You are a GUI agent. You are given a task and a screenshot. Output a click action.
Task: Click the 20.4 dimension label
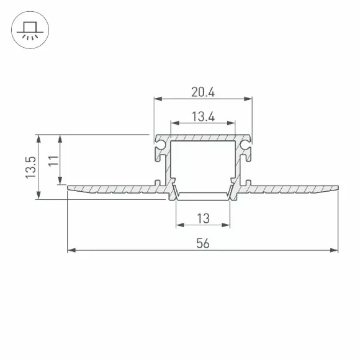coord(203,92)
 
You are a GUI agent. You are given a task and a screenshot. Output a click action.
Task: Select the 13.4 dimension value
coord(203,117)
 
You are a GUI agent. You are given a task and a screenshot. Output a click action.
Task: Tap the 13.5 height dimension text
coord(31,168)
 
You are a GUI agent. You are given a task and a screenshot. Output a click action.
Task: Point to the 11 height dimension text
coord(53,161)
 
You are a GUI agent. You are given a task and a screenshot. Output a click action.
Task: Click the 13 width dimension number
coord(203,218)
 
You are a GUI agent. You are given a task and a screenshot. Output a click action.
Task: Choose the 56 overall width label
coord(203,243)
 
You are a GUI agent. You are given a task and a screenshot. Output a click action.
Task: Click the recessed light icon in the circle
coord(30,30)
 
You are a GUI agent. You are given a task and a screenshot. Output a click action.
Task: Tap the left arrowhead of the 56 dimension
coord(71,250)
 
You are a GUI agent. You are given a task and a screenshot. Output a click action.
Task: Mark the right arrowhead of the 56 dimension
coord(334,250)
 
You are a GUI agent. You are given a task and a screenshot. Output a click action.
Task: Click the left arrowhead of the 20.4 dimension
coord(158,99)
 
